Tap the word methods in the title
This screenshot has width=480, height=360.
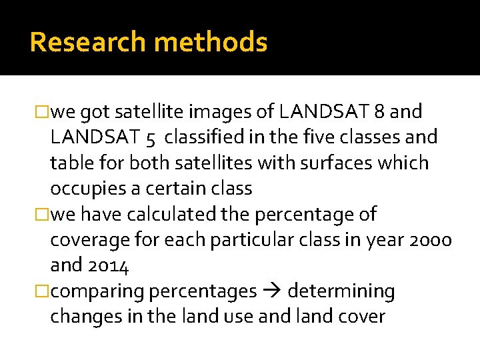point(211,42)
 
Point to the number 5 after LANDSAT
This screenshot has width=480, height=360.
point(150,138)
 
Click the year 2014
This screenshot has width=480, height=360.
point(108,265)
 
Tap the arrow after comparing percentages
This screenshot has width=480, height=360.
point(272,291)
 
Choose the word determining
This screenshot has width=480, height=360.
point(341,291)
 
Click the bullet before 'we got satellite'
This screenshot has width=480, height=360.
point(44,111)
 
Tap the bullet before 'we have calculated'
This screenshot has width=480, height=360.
point(44,215)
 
